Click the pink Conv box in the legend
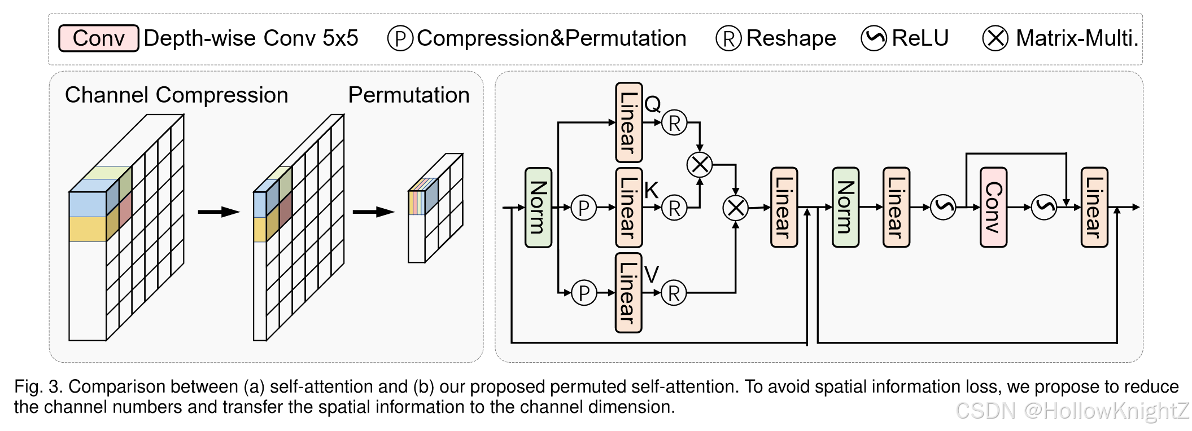click(x=98, y=38)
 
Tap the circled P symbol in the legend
click(x=400, y=39)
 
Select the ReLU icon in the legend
click(x=873, y=38)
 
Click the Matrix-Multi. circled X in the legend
click(x=995, y=39)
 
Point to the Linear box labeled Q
click(x=628, y=122)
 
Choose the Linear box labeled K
click(x=628, y=208)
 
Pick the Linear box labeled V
click(x=628, y=293)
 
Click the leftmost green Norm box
click(x=538, y=208)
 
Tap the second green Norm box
click(x=845, y=208)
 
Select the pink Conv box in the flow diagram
click(x=993, y=208)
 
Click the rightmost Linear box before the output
click(x=1094, y=208)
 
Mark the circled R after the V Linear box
click(x=674, y=293)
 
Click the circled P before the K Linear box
click(x=583, y=208)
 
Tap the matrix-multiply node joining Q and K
click(x=699, y=165)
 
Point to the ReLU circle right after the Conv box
click(x=1043, y=207)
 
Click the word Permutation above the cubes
click(x=408, y=95)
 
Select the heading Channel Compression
click(x=176, y=95)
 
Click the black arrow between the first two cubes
click(x=219, y=212)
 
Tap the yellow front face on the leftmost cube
click(x=88, y=229)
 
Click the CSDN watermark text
click(x=1072, y=411)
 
